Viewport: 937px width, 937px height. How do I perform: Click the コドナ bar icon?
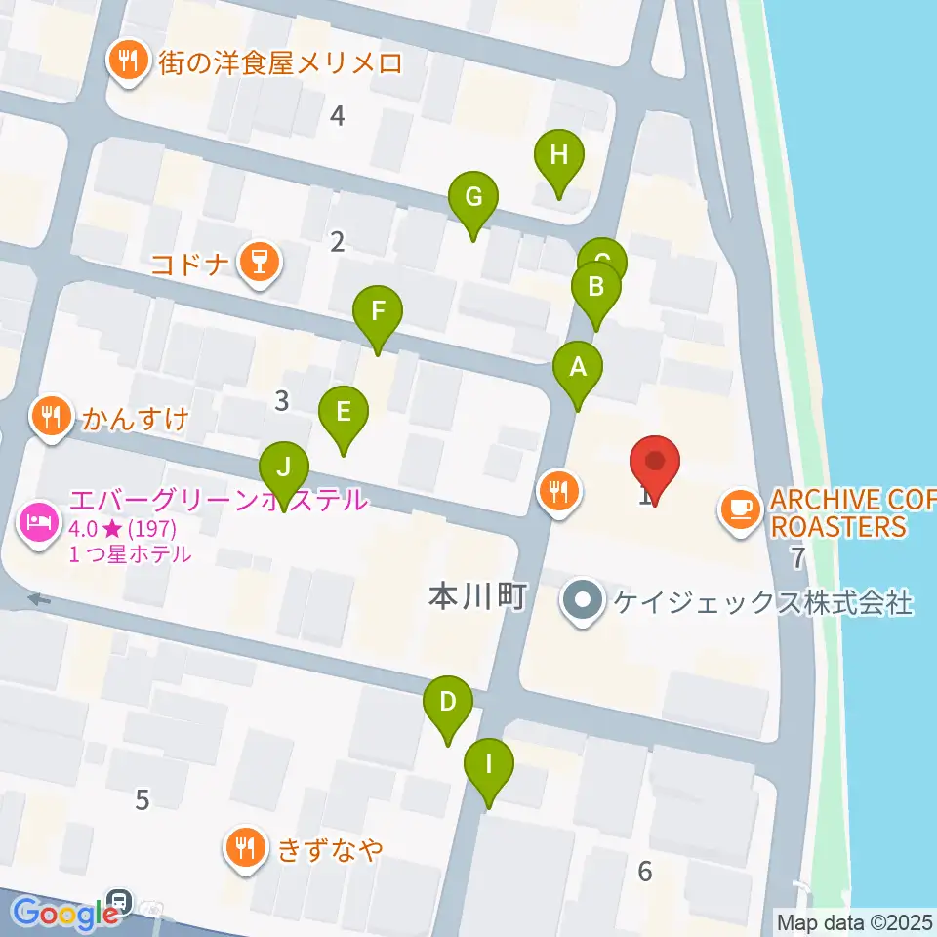259,263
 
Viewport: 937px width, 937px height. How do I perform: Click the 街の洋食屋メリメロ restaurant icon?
128,63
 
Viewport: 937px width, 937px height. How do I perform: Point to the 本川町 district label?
477,597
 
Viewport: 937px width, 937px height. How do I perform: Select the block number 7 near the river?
798,558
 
